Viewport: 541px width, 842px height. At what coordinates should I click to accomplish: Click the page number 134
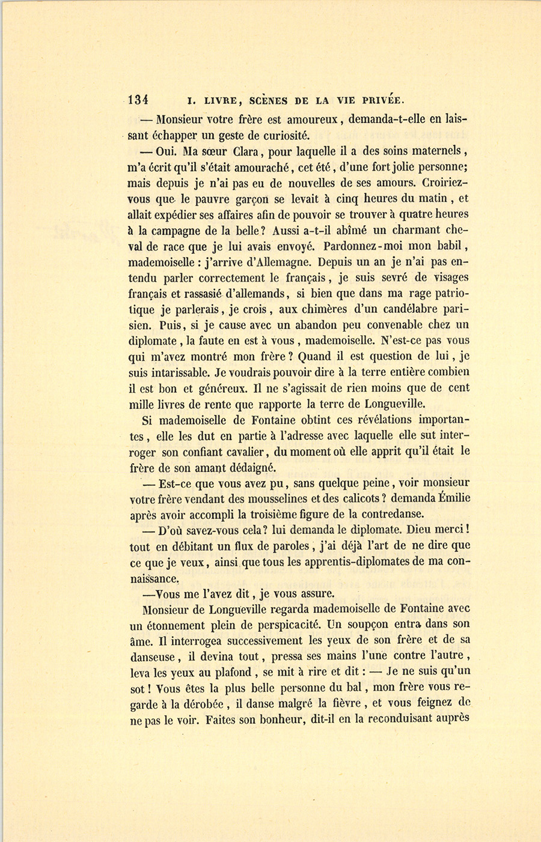[138, 100]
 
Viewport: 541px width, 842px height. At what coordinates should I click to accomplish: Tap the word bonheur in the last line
[270, 719]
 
